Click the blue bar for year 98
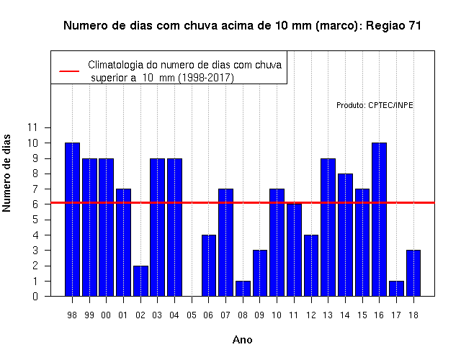[x=72, y=219]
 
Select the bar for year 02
[x=140, y=281]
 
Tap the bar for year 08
[x=243, y=289]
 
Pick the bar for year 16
[x=380, y=219]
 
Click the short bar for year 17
[x=396, y=289]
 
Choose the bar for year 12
[x=311, y=266]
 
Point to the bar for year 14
[x=345, y=235]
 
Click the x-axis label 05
[x=192, y=315]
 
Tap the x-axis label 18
[x=413, y=315]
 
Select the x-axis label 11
[x=294, y=315]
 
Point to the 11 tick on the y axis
[x=32, y=127]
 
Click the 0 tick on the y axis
[x=35, y=296]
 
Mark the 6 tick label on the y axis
[x=35, y=204]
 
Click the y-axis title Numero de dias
[x=6, y=174]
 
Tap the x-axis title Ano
[x=243, y=340]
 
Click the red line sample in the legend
[x=69, y=71]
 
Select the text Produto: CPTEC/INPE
[x=375, y=105]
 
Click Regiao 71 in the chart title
[x=393, y=26]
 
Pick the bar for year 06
[x=209, y=266]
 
